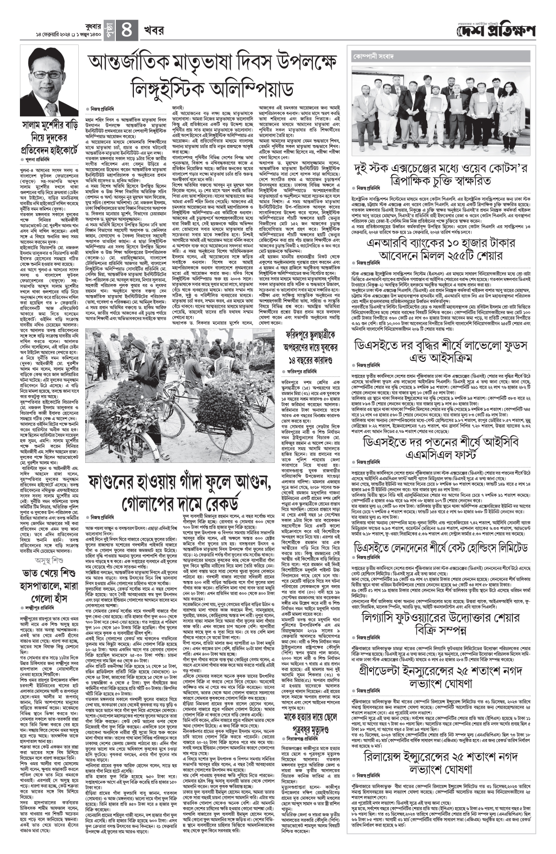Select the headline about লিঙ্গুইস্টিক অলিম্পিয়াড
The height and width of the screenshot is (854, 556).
tap(215, 75)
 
